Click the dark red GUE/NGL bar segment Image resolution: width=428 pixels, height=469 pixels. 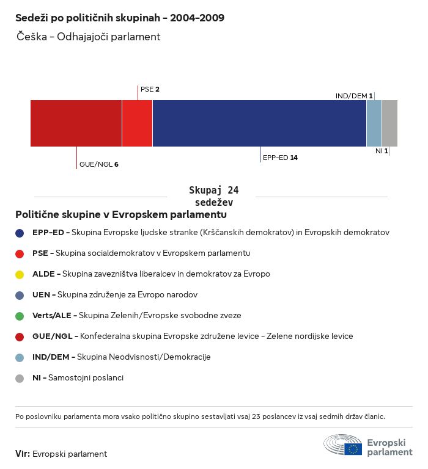click(x=76, y=123)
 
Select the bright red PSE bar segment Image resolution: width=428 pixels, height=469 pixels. click(x=137, y=123)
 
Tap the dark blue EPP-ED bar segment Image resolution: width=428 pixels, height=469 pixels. click(x=259, y=123)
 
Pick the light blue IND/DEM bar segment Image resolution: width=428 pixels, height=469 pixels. click(x=374, y=123)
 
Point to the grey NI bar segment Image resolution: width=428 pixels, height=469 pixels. click(x=389, y=123)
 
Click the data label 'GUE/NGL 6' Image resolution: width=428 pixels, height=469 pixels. click(x=98, y=164)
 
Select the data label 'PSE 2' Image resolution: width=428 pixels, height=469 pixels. click(x=150, y=89)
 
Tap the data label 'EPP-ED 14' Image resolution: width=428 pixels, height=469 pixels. click(x=280, y=158)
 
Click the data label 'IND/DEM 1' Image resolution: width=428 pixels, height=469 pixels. click(x=354, y=96)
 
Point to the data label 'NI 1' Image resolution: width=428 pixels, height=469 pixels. click(x=382, y=150)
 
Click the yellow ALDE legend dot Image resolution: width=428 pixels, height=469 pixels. click(x=20, y=274)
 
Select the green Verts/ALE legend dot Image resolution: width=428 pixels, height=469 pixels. click(x=20, y=316)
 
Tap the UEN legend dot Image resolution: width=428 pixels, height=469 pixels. click(x=20, y=295)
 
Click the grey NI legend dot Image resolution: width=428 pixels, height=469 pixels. click(x=20, y=378)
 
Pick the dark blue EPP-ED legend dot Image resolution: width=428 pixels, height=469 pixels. click(x=20, y=233)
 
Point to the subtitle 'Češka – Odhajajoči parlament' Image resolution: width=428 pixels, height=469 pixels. click(x=89, y=37)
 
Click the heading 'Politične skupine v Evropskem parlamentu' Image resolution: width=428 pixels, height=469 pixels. click(x=121, y=215)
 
